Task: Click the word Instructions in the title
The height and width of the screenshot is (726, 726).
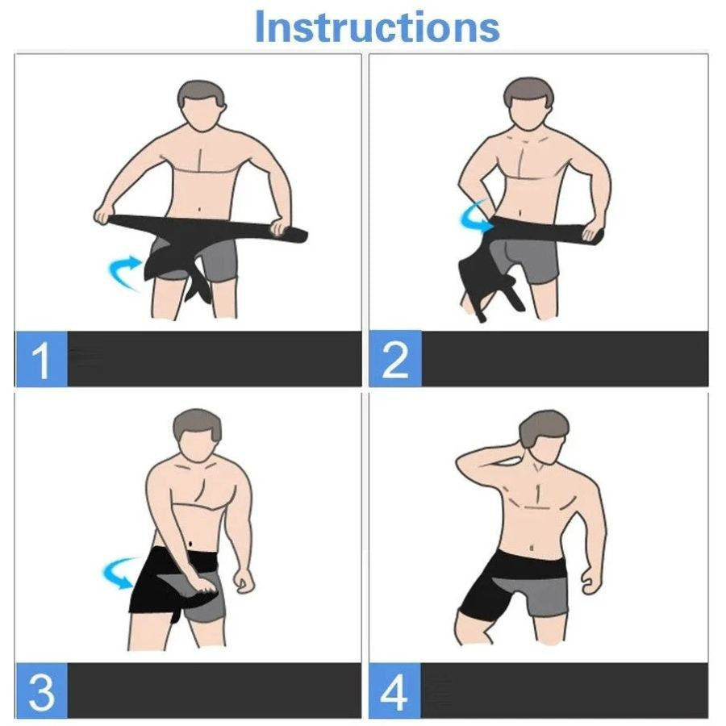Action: tap(377, 27)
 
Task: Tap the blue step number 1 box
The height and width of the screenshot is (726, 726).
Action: tap(41, 359)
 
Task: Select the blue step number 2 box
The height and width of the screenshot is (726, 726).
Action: tap(395, 359)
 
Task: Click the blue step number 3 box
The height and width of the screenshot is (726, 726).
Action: tap(41, 691)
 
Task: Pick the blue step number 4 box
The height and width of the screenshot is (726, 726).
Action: tap(395, 691)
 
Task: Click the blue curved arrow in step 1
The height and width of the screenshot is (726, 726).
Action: tap(123, 270)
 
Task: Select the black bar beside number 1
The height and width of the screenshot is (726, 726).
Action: tap(214, 359)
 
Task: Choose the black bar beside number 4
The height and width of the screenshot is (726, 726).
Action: tap(565, 691)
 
